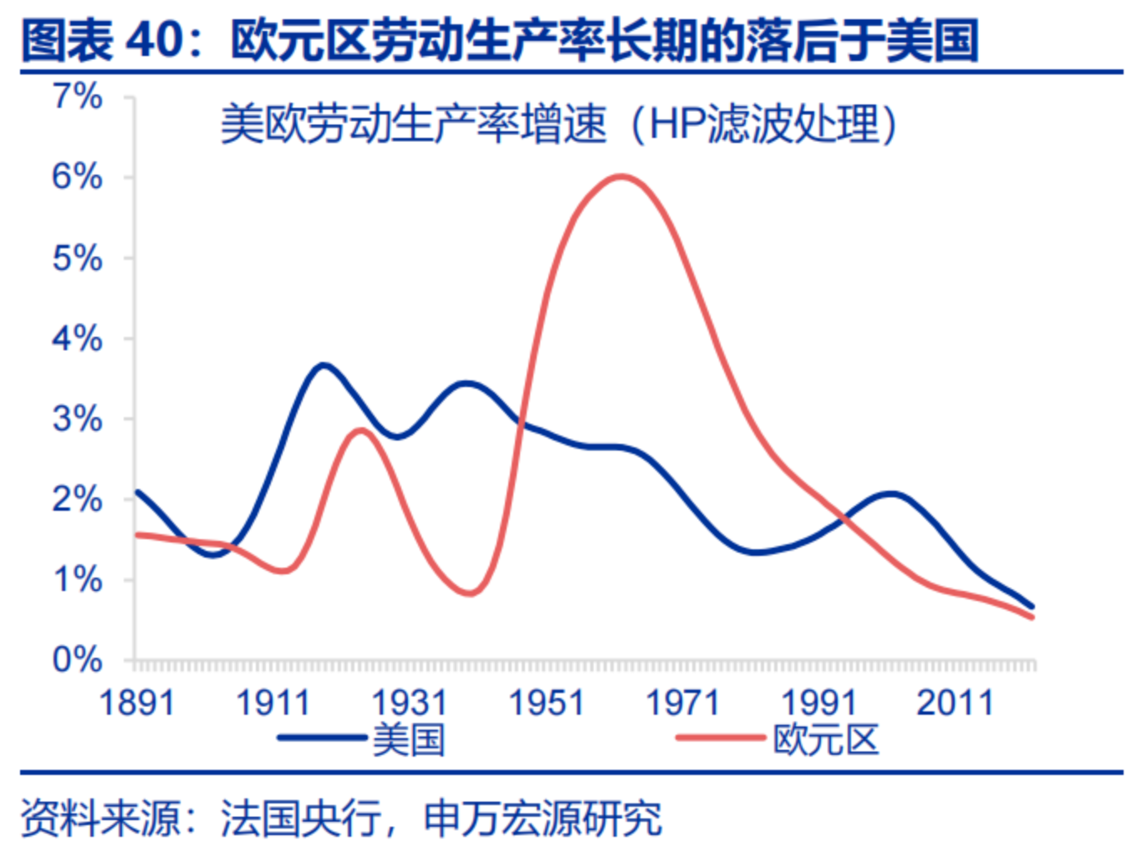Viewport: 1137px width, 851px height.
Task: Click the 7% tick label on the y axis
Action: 78,97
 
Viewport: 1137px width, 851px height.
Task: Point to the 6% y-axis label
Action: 78,177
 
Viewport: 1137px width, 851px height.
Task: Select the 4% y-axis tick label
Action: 78,339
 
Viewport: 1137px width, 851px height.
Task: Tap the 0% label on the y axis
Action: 78,660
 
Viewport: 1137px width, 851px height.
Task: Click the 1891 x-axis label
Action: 137,703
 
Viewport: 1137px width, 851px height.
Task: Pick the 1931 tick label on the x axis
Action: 410,703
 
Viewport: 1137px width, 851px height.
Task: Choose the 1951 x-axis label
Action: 546,703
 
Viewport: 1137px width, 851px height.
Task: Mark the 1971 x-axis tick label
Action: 682,703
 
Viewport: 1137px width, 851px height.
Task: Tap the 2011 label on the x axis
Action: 955,703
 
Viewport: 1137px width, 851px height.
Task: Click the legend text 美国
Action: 409,740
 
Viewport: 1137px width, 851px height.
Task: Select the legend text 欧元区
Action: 826,740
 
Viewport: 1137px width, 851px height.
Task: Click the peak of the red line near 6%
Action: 620,176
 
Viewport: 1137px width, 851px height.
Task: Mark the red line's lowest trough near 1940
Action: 470,594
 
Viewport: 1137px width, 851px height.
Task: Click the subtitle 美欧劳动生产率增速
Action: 413,125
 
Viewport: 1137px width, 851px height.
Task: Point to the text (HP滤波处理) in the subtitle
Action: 763,125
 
